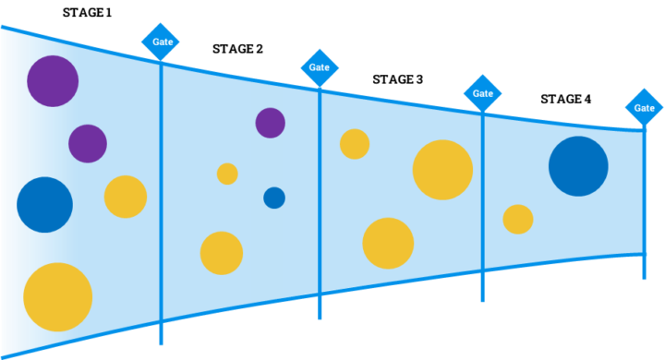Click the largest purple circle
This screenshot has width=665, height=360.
tap(53, 81)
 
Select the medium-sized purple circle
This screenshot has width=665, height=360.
tap(88, 143)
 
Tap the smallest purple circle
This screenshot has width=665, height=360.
tap(270, 122)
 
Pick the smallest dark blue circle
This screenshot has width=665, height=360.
tap(274, 198)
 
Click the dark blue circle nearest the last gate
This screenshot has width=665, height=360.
tap(578, 166)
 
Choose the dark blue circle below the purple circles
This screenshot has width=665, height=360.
tap(44, 204)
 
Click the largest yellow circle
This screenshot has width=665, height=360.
tap(57, 296)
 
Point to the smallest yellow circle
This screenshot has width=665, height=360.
tap(227, 174)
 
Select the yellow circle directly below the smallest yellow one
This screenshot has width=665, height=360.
tap(222, 253)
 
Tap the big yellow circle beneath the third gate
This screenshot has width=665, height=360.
tap(442, 170)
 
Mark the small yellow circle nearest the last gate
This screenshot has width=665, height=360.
tap(518, 219)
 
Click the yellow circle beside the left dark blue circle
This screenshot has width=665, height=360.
tap(126, 197)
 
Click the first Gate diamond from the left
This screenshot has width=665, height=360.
tap(160, 42)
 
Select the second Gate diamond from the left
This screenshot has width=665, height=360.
tap(320, 67)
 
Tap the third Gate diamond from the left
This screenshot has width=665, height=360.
tap(482, 93)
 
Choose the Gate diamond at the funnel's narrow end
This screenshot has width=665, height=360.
tap(644, 108)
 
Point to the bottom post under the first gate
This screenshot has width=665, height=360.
tap(161, 334)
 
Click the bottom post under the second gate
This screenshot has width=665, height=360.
tap(320, 308)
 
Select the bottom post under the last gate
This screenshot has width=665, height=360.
tap(644, 269)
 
